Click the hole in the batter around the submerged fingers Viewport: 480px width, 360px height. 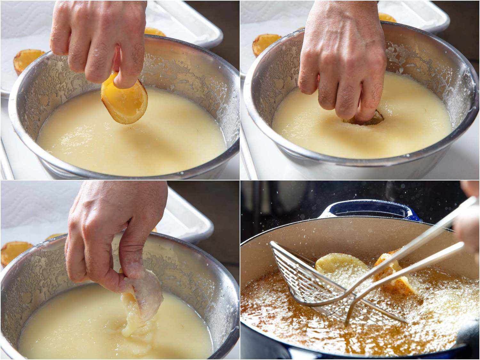(363, 119)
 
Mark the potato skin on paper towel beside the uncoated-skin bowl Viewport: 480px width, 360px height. (27, 59)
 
